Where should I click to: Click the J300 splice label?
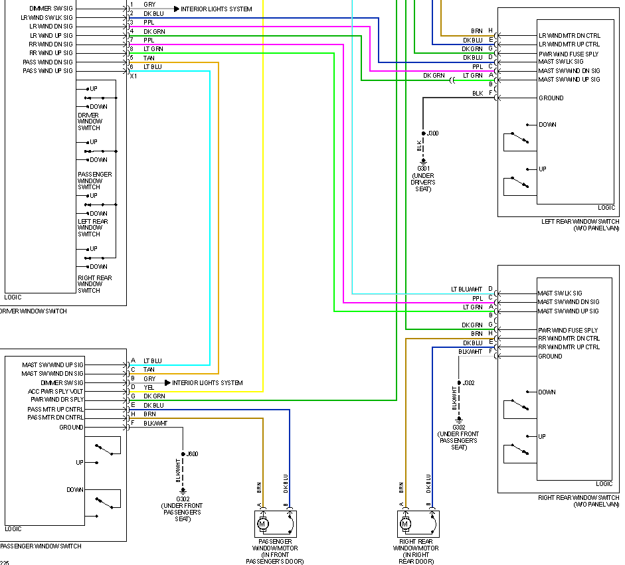click(x=433, y=133)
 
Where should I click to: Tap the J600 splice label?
click(x=192, y=454)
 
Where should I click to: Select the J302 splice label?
click(x=469, y=383)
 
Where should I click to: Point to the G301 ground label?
click(x=423, y=168)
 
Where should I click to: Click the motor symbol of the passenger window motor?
click(x=262, y=525)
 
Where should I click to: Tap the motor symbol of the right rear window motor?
click(x=404, y=525)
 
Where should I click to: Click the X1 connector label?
click(x=134, y=76)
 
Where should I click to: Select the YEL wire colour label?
click(x=149, y=388)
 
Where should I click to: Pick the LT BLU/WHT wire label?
click(x=467, y=289)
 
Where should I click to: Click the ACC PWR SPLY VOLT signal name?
click(x=56, y=392)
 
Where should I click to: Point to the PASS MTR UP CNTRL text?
click(x=56, y=410)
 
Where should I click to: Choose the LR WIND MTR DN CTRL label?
click(x=569, y=35)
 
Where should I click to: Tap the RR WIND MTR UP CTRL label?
click(x=569, y=347)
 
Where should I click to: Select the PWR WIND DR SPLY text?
click(x=57, y=400)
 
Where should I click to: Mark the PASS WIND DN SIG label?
click(x=48, y=62)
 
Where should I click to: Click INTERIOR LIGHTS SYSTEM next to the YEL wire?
click(x=207, y=383)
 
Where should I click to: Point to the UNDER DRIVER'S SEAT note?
click(x=423, y=183)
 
